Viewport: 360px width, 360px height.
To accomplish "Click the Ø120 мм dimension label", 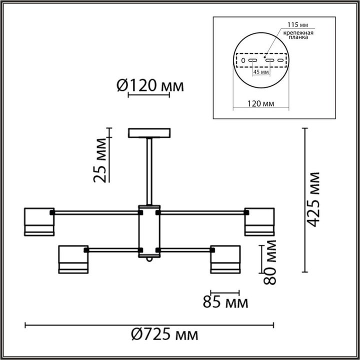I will tap(150, 86).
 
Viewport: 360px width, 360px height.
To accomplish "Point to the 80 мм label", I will tap(270, 261).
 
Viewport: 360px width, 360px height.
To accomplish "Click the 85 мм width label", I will tap(225, 302).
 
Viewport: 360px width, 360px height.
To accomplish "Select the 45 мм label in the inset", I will tap(261, 72).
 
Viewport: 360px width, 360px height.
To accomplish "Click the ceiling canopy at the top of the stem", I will tap(149, 133).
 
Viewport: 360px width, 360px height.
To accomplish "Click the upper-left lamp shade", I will tap(39, 221).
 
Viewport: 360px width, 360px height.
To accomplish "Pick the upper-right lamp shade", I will tap(259, 221).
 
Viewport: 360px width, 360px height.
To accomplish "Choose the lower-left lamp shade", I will tap(73, 259).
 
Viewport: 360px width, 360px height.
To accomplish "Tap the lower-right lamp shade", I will tap(225, 259).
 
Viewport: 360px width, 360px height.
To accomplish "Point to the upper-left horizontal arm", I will tap(95, 212).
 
